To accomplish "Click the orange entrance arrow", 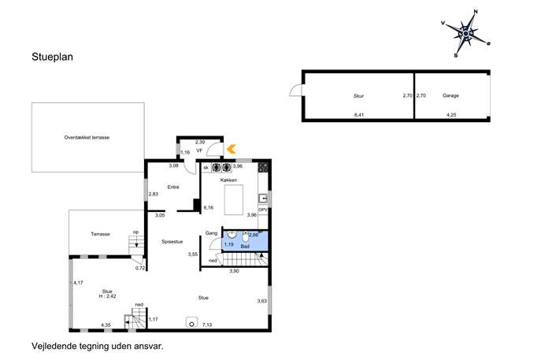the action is point(232,149).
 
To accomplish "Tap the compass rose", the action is point(465,34).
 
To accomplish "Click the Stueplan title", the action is point(53,57).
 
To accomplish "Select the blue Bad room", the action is point(245,240).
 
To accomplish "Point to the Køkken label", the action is point(228,180).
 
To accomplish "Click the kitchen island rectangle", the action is point(234,200).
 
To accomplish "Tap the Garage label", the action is point(450,95).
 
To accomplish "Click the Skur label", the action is point(358,96).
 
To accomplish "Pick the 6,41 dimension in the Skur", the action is point(359,115).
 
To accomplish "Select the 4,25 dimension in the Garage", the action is point(451,115).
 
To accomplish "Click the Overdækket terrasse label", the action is point(87,137).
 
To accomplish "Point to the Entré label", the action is point(173,187).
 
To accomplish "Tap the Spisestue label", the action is point(172,242).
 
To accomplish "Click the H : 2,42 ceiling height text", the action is point(107,296).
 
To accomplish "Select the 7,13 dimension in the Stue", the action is point(207,325).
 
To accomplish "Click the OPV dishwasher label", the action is point(263,210).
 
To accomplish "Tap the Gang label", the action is point(211,233).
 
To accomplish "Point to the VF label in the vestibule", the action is point(199,150).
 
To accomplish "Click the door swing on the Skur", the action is point(295,90).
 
